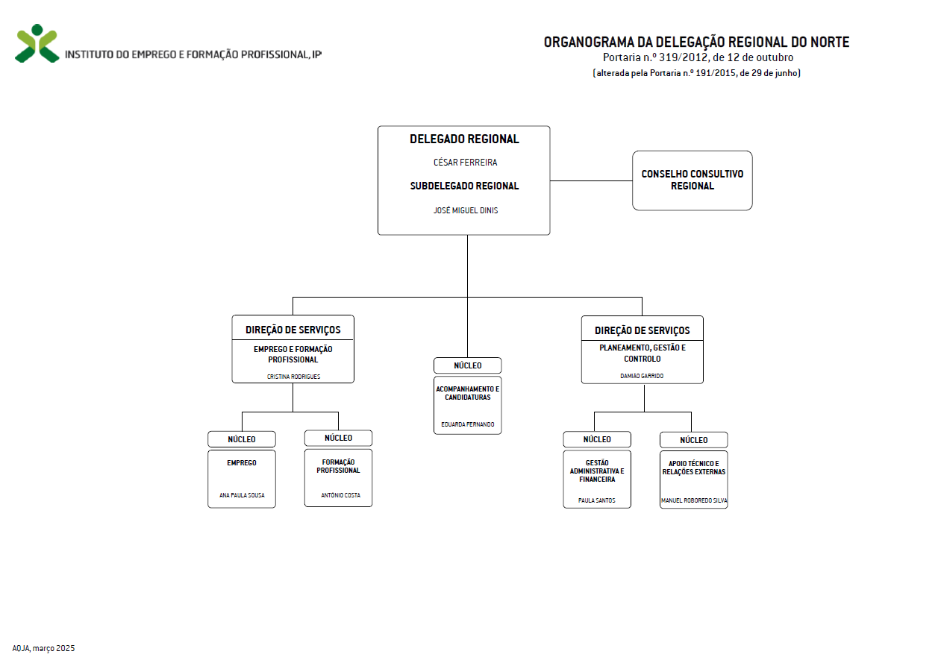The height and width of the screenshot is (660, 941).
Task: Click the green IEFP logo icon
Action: click(x=37, y=43)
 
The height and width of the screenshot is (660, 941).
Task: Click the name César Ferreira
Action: click(x=465, y=163)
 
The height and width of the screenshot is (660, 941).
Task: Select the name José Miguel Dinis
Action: click(x=466, y=210)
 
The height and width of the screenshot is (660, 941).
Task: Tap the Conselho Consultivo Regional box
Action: click(x=693, y=180)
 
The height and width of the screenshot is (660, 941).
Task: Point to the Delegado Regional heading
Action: click(x=464, y=139)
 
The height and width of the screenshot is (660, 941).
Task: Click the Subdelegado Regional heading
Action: click(x=464, y=186)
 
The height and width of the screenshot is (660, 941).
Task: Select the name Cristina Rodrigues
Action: click(x=293, y=377)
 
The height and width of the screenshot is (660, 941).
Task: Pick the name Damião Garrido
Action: click(x=642, y=376)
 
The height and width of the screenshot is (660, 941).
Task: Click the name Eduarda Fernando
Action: click(x=468, y=424)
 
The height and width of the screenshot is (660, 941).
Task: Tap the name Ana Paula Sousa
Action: click(x=242, y=495)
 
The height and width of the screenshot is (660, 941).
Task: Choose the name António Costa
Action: click(x=340, y=495)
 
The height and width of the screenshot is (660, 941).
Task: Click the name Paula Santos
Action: click(x=596, y=500)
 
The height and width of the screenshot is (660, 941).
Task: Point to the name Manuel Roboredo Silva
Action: click(x=693, y=500)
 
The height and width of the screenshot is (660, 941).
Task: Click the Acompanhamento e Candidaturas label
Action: click(x=468, y=393)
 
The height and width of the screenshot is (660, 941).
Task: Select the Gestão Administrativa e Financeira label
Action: click(x=597, y=471)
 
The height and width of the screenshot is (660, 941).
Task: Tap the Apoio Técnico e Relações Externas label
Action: click(x=693, y=468)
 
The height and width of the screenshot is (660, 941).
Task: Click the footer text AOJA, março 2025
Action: click(x=43, y=648)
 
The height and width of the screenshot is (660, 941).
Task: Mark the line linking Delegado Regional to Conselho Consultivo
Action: click(x=591, y=181)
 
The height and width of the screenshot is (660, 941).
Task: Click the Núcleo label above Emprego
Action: click(x=242, y=439)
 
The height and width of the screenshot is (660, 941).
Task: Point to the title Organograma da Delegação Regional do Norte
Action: click(x=696, y=42)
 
